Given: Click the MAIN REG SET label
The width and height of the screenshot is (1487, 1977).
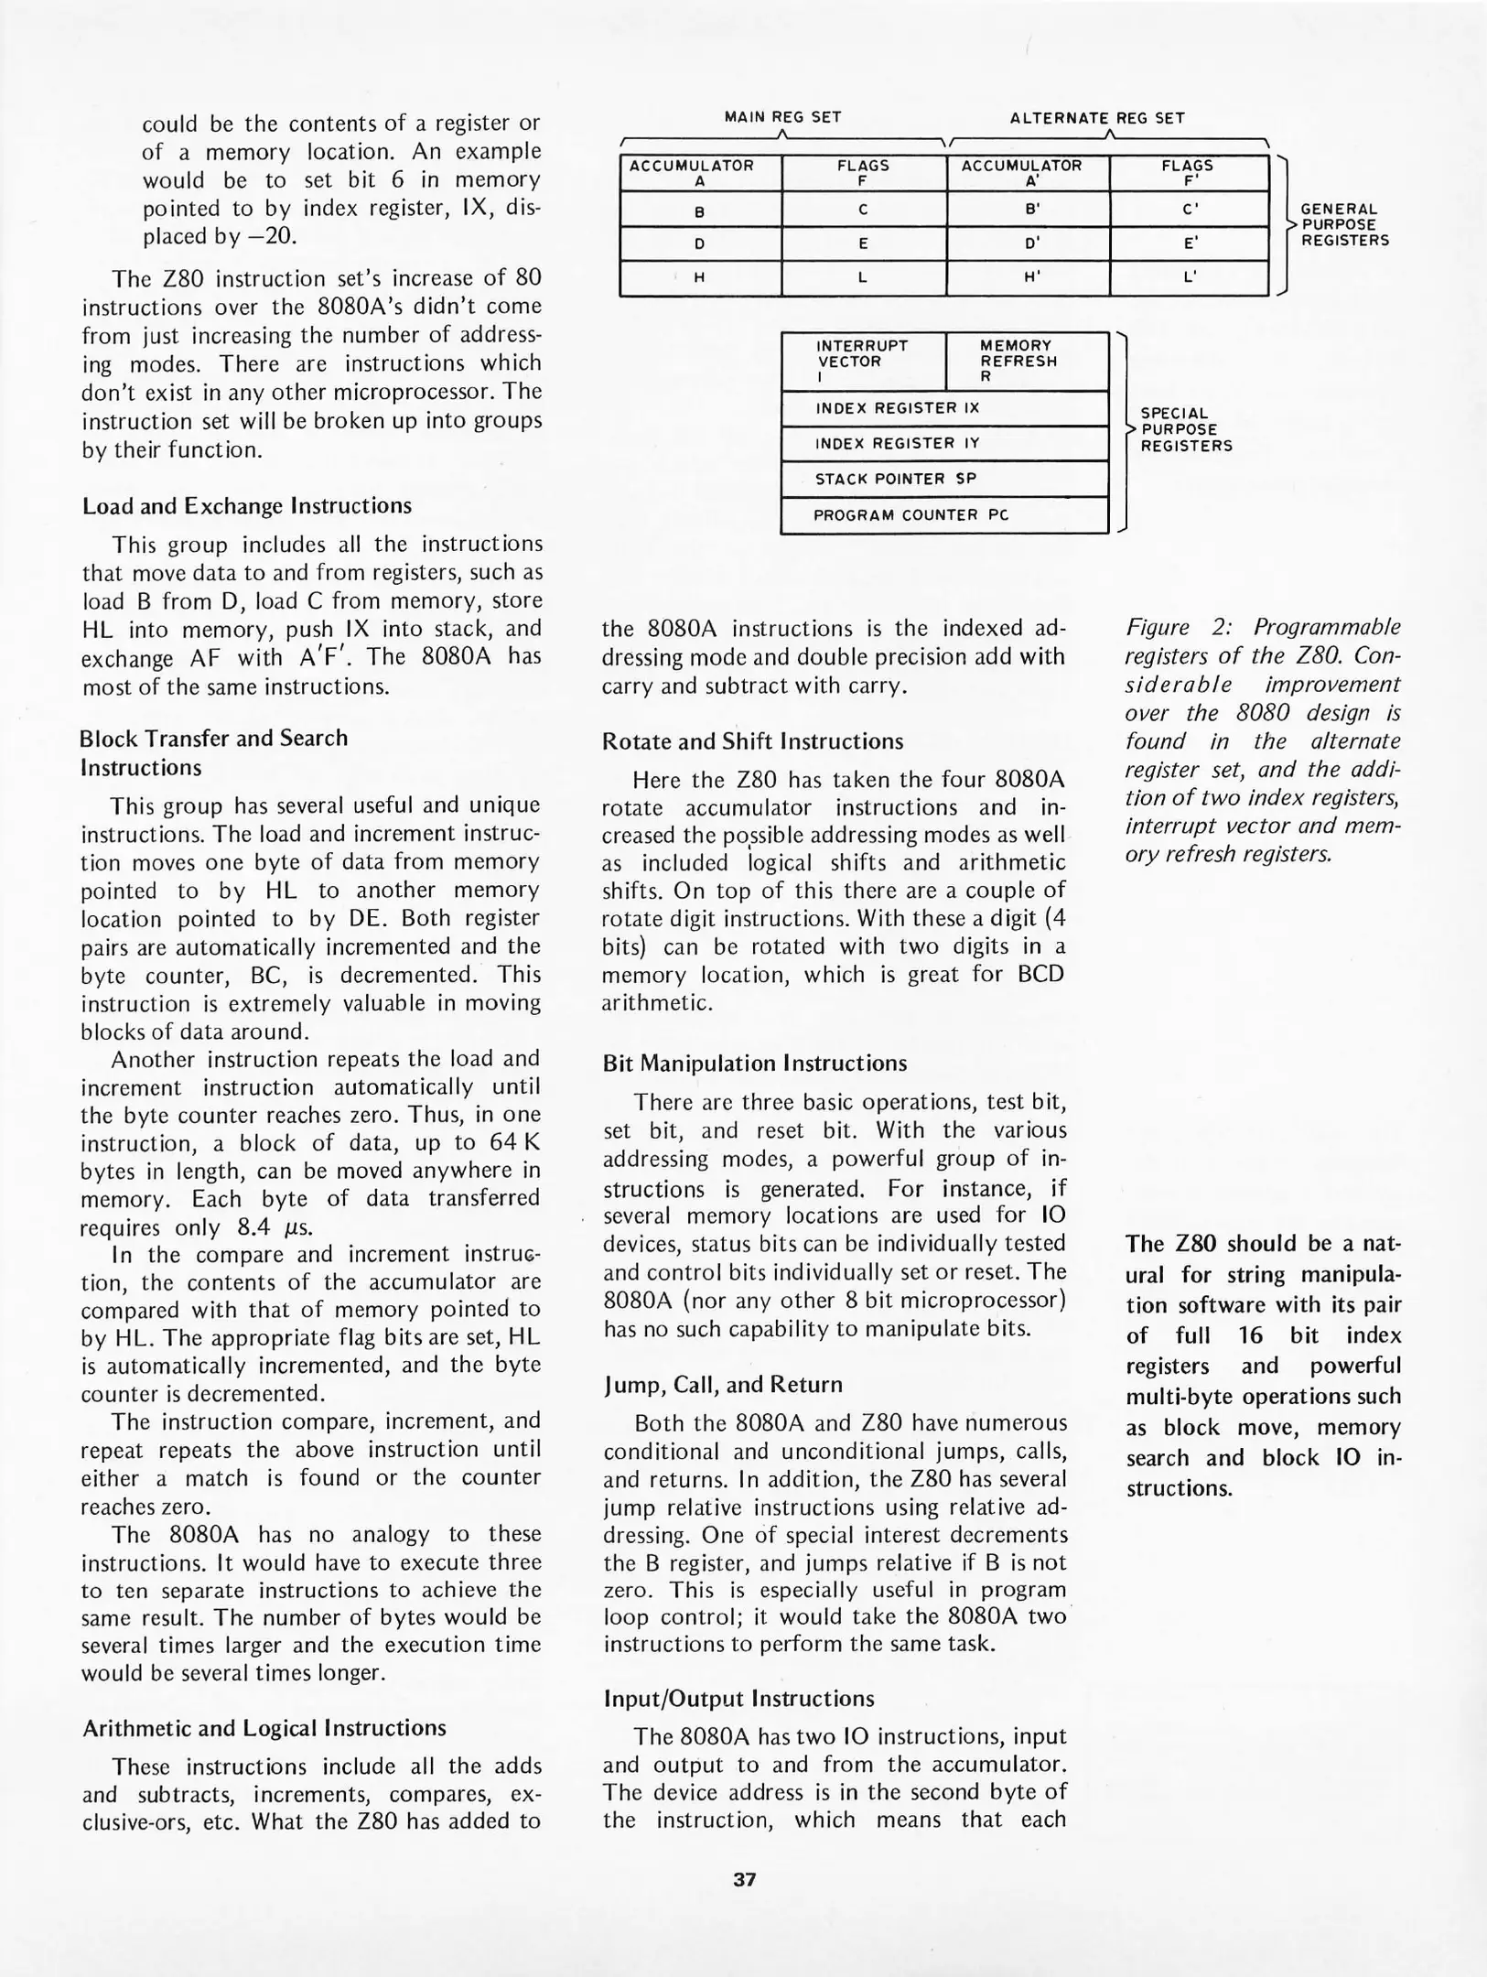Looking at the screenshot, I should (782, 117).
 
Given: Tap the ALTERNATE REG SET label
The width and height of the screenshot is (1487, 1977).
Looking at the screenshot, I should (1096, 118).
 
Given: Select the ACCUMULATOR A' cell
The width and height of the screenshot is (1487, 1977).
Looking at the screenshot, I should (1028, 173).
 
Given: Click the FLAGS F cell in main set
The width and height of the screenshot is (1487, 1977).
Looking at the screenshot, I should (863, 173).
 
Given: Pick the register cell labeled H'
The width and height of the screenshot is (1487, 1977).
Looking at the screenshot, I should (1028, 279).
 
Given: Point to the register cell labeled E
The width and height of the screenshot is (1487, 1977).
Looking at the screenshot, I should (863, 244).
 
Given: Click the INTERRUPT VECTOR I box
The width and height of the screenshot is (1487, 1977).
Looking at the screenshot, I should (862, 362).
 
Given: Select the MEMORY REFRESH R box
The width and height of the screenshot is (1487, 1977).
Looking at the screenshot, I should (1026, 362).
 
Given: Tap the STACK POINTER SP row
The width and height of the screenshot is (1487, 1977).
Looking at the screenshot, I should (943, 479).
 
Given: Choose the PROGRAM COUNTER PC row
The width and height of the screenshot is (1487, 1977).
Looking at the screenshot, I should (943, 515).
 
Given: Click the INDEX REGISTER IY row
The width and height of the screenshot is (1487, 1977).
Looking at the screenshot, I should (943, 444).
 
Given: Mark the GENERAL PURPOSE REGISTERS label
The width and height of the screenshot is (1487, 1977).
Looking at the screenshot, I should (1344, 225).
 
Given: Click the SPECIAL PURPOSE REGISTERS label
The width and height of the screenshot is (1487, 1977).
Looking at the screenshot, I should (1185, 430).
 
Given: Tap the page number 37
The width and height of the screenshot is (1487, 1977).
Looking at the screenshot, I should (744, 1880).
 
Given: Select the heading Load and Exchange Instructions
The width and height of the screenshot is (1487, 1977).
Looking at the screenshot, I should (247, 506).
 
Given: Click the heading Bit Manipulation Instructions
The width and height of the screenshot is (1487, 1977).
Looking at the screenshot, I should (754, 1064).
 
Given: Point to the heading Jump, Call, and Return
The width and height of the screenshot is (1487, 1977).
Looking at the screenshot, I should (722, 1385).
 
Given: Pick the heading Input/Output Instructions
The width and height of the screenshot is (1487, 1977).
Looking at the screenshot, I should (738, 1699).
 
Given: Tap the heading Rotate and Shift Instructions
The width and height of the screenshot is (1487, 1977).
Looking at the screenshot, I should (752, 741).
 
